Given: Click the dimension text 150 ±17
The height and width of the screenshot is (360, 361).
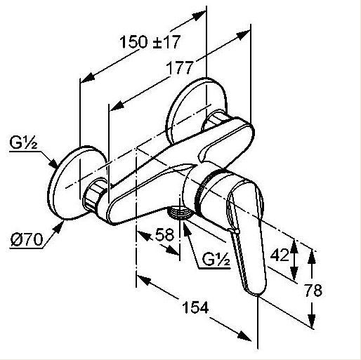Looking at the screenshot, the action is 150,42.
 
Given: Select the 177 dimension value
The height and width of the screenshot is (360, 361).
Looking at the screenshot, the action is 180,67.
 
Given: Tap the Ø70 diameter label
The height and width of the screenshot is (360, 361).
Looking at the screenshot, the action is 27,239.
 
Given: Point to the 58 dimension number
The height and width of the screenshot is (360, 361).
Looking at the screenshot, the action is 164,234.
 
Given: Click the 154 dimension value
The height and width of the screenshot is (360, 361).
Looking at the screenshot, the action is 195,307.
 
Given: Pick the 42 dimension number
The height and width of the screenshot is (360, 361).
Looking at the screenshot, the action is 280,255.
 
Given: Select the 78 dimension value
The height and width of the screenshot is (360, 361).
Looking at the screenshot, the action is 313,291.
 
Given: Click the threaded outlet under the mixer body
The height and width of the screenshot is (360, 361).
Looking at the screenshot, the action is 179,212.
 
